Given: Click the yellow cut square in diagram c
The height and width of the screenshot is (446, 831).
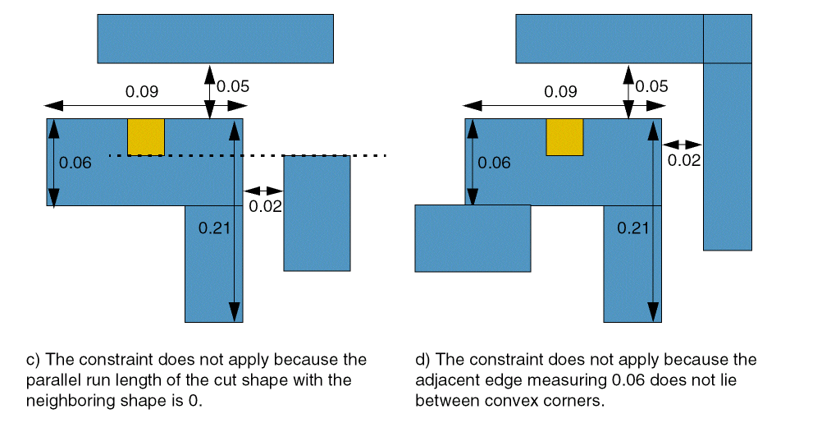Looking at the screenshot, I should [145, 136].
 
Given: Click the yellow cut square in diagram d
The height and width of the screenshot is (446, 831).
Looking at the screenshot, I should [564, 136].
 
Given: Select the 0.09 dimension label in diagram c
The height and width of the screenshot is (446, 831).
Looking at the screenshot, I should [141, 91].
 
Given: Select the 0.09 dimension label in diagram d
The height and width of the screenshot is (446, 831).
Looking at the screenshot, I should [560, 91].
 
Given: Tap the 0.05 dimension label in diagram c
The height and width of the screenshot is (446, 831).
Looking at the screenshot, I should [233, 85].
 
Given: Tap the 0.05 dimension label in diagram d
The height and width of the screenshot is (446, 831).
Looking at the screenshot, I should [652, 85].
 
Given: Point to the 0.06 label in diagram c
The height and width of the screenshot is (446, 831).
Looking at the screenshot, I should [75, 163].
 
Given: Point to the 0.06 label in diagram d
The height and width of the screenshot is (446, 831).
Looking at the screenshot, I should [494, 163].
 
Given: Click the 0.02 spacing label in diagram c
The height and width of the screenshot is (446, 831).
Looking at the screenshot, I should [265, 206].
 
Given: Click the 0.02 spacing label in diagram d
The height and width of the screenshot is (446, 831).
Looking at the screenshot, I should [683, 160].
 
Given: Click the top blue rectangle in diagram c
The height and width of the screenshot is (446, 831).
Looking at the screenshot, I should [215, 39].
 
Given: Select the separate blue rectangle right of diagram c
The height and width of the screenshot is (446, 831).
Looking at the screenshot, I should [317, 213].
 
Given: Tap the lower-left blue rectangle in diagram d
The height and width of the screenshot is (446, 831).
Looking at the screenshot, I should [473, 238].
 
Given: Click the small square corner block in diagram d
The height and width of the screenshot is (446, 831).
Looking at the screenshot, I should [728, 39].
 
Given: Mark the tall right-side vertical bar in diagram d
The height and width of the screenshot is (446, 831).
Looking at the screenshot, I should [728, 156].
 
